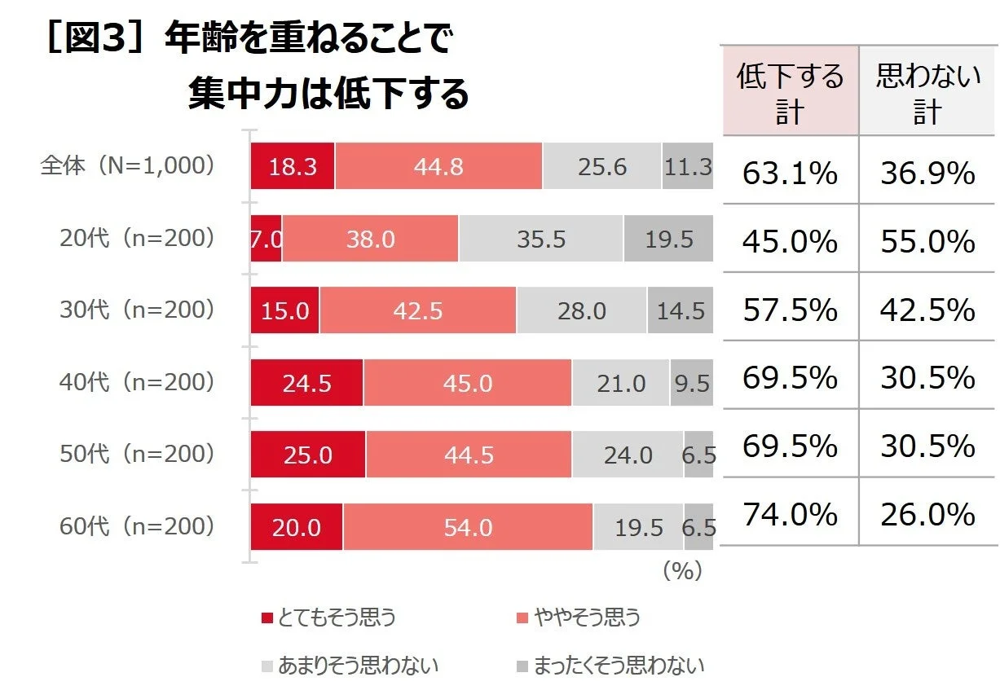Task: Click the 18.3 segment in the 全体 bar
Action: [292, 166]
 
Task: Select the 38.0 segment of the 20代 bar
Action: [370, 239]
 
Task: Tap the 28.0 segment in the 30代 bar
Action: [581, 310]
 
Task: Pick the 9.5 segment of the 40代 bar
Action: [691, 382]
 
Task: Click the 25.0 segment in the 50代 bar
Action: [307, 454]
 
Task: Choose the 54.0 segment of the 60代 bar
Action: [467, 527]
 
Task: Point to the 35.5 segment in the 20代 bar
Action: [540, 239]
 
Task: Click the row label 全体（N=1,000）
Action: [129, 165]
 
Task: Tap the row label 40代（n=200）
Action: [137, 381]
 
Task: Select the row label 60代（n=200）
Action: [137, 526]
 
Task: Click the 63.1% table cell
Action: [790, 173]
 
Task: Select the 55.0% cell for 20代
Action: [928, 242]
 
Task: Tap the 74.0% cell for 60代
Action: [790, 515]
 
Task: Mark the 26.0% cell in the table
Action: [928, 515]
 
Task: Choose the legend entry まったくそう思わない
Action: [610, 666]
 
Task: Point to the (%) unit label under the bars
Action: [682, 571]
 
